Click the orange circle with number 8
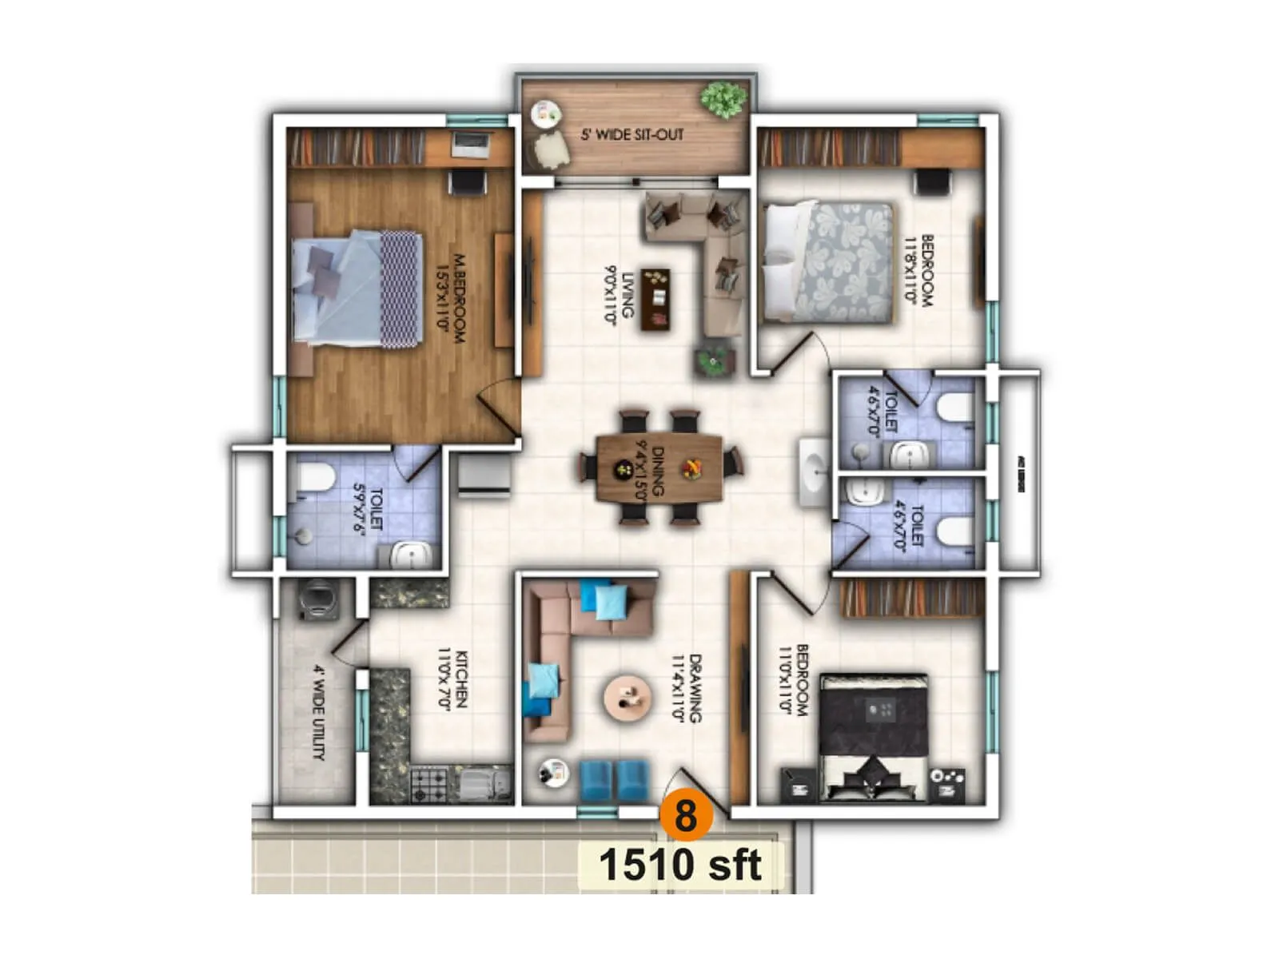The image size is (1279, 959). [x=685, y=814]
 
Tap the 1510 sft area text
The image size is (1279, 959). [x=679, y=865]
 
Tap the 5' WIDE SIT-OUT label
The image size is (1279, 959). [x=632, y=134]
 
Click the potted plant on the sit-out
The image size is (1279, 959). [x=724, y=99]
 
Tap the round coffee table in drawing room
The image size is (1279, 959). [x=628, y=698]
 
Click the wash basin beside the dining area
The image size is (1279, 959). [x=815, y=472]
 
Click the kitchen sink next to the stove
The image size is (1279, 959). [x=484, y=783]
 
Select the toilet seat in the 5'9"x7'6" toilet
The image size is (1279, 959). [x=313, y=478]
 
